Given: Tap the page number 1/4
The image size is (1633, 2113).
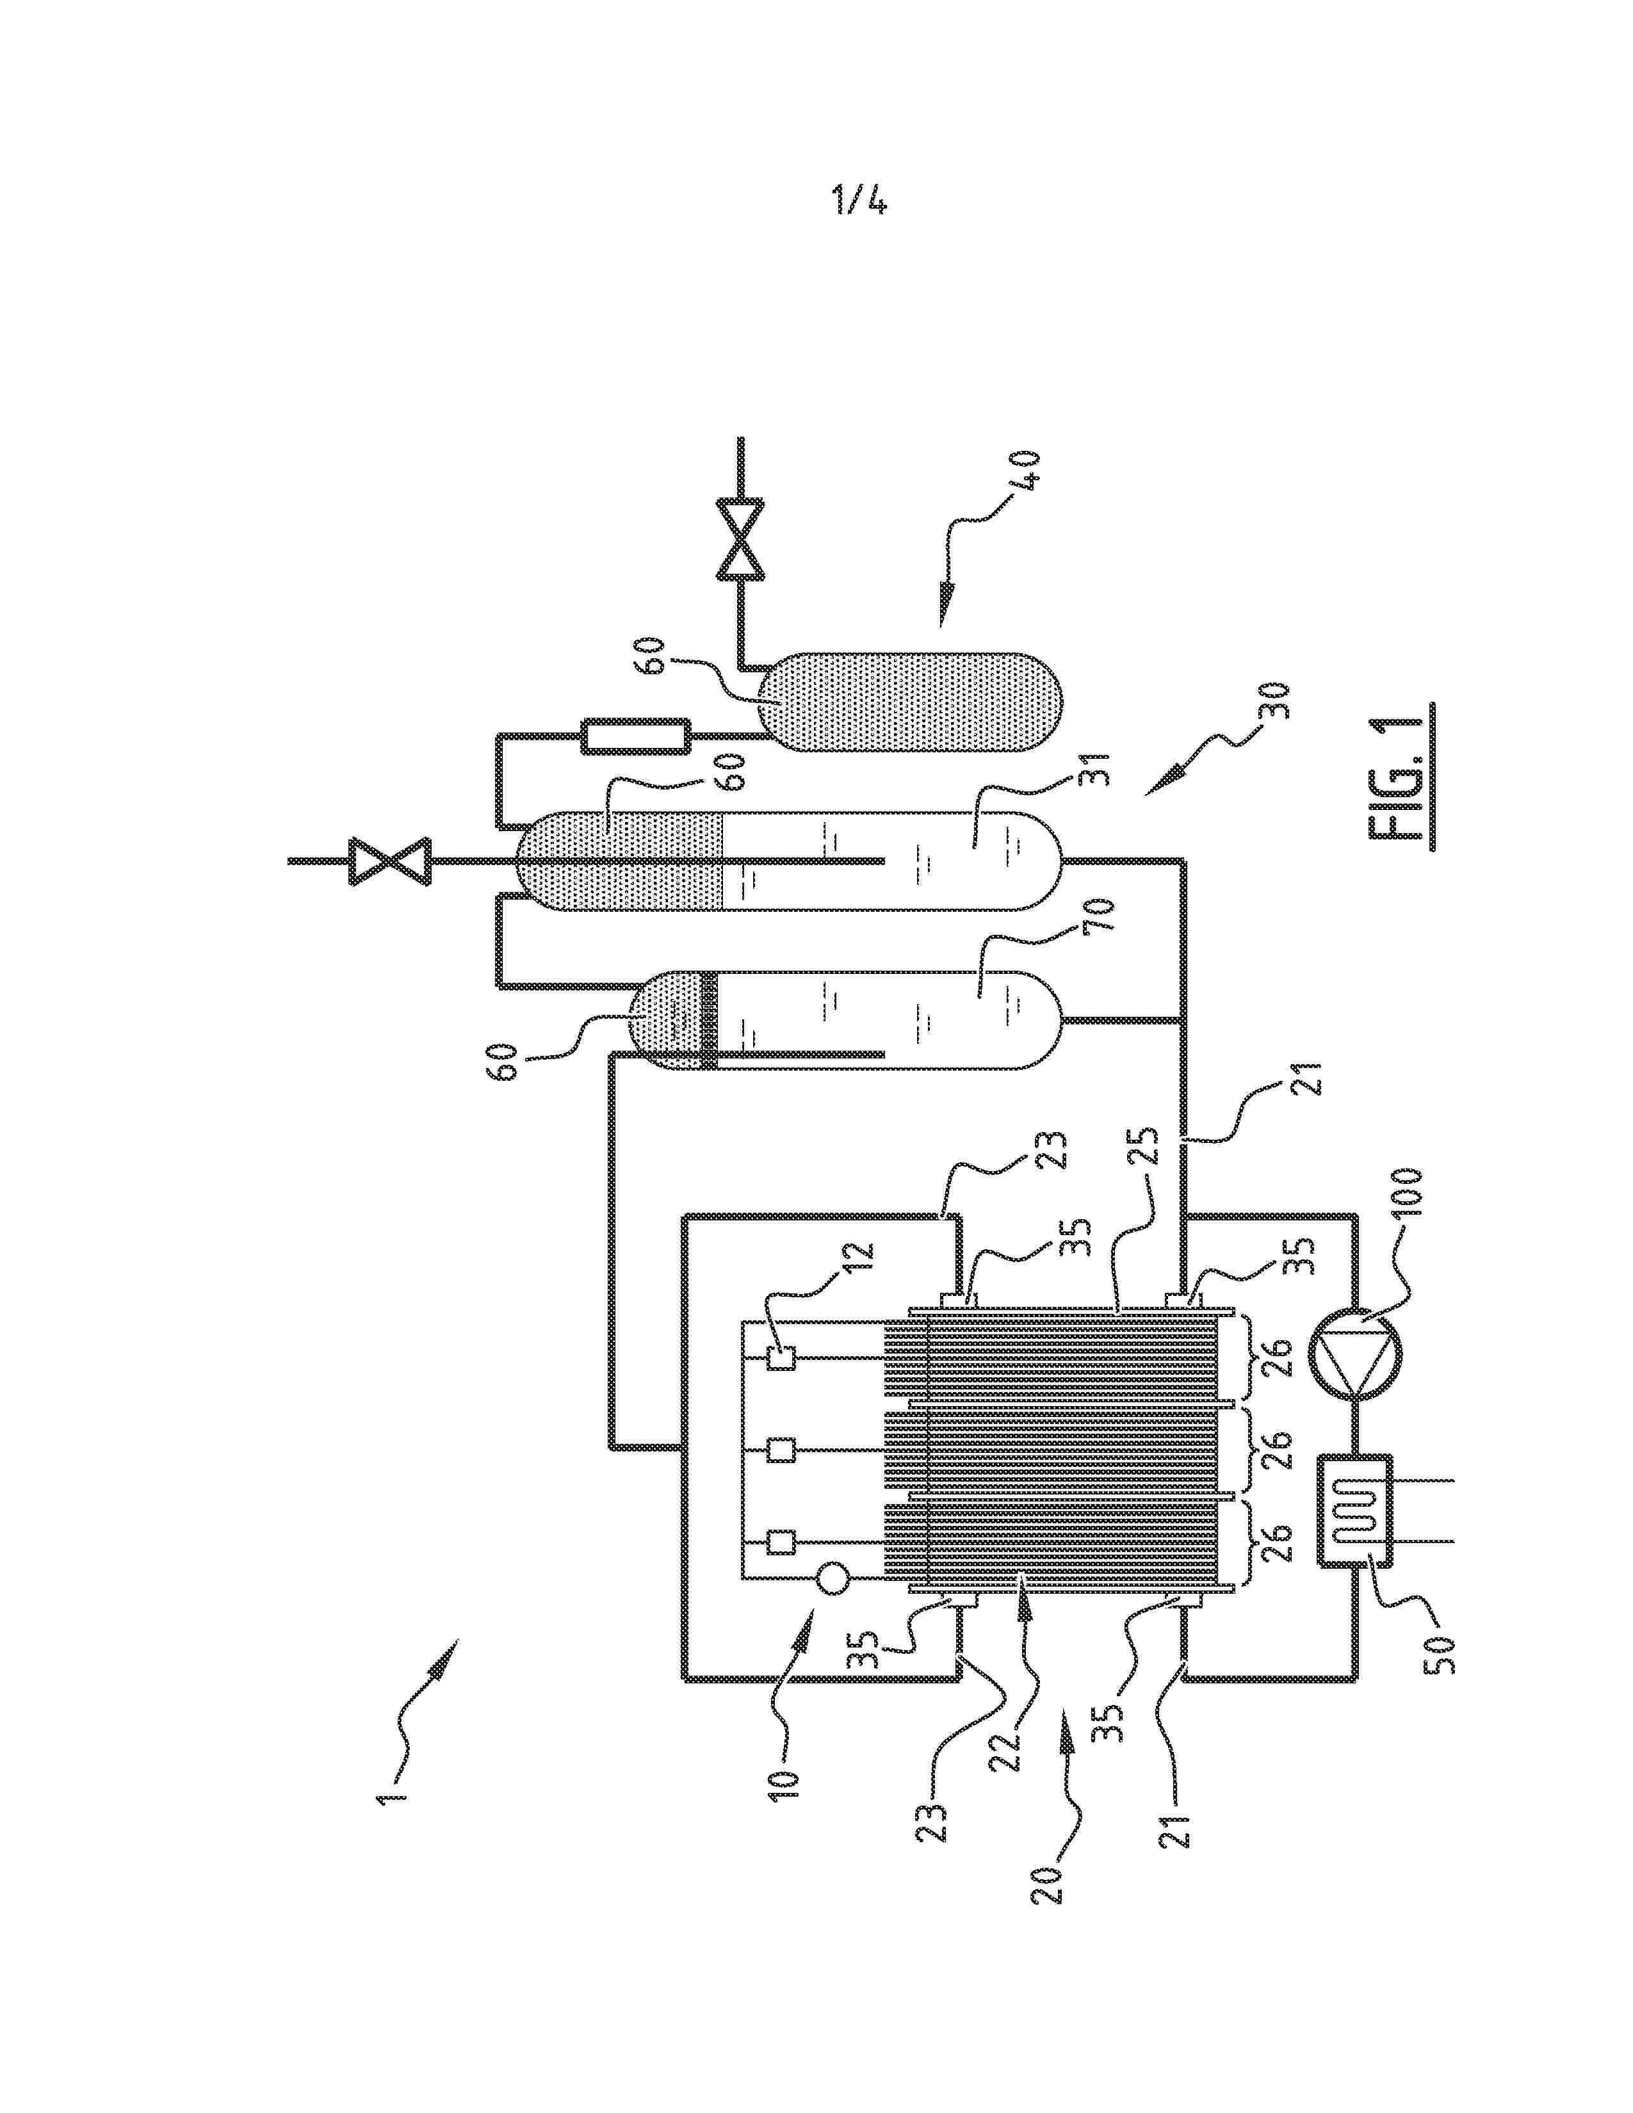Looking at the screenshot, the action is [859, 201].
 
